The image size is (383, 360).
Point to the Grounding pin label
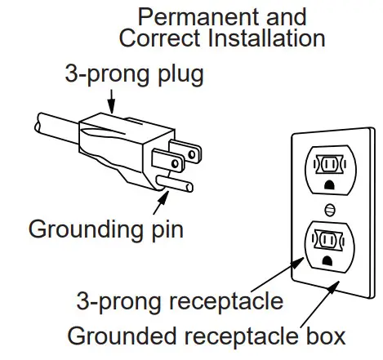coord(105,229)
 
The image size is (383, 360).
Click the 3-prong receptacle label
coord(179,302)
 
